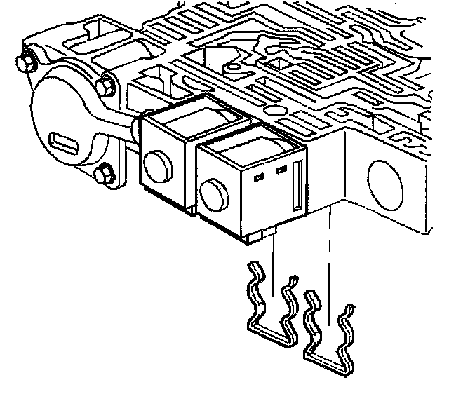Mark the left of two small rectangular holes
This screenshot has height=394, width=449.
pos(260,177)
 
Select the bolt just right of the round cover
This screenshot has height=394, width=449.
pos(107,86)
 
